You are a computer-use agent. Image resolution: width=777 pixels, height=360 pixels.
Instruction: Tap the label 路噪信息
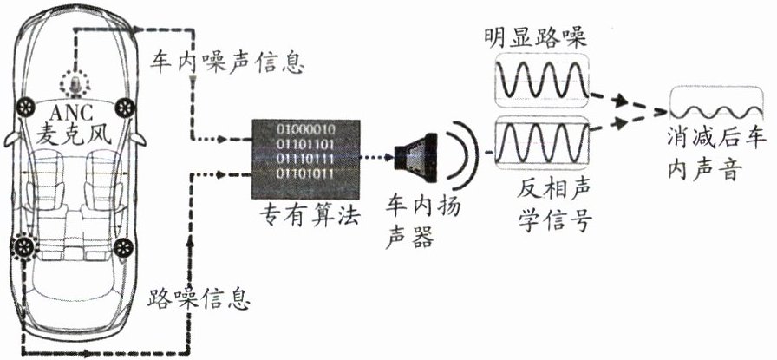tap(200, 300)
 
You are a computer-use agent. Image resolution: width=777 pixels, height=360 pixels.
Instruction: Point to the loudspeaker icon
tap(410, 156)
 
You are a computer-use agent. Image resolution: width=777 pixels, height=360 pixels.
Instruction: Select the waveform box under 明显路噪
tap(539, 84)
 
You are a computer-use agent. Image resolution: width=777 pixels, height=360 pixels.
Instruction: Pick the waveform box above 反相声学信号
tap(539, 141)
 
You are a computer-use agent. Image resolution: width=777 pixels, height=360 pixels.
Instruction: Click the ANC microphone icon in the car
tap(75, 84)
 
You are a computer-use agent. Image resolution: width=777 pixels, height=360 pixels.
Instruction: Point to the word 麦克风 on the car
tap(75, 134)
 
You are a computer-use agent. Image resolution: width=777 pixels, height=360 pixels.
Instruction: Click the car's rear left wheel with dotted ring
tap(23, 246)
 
